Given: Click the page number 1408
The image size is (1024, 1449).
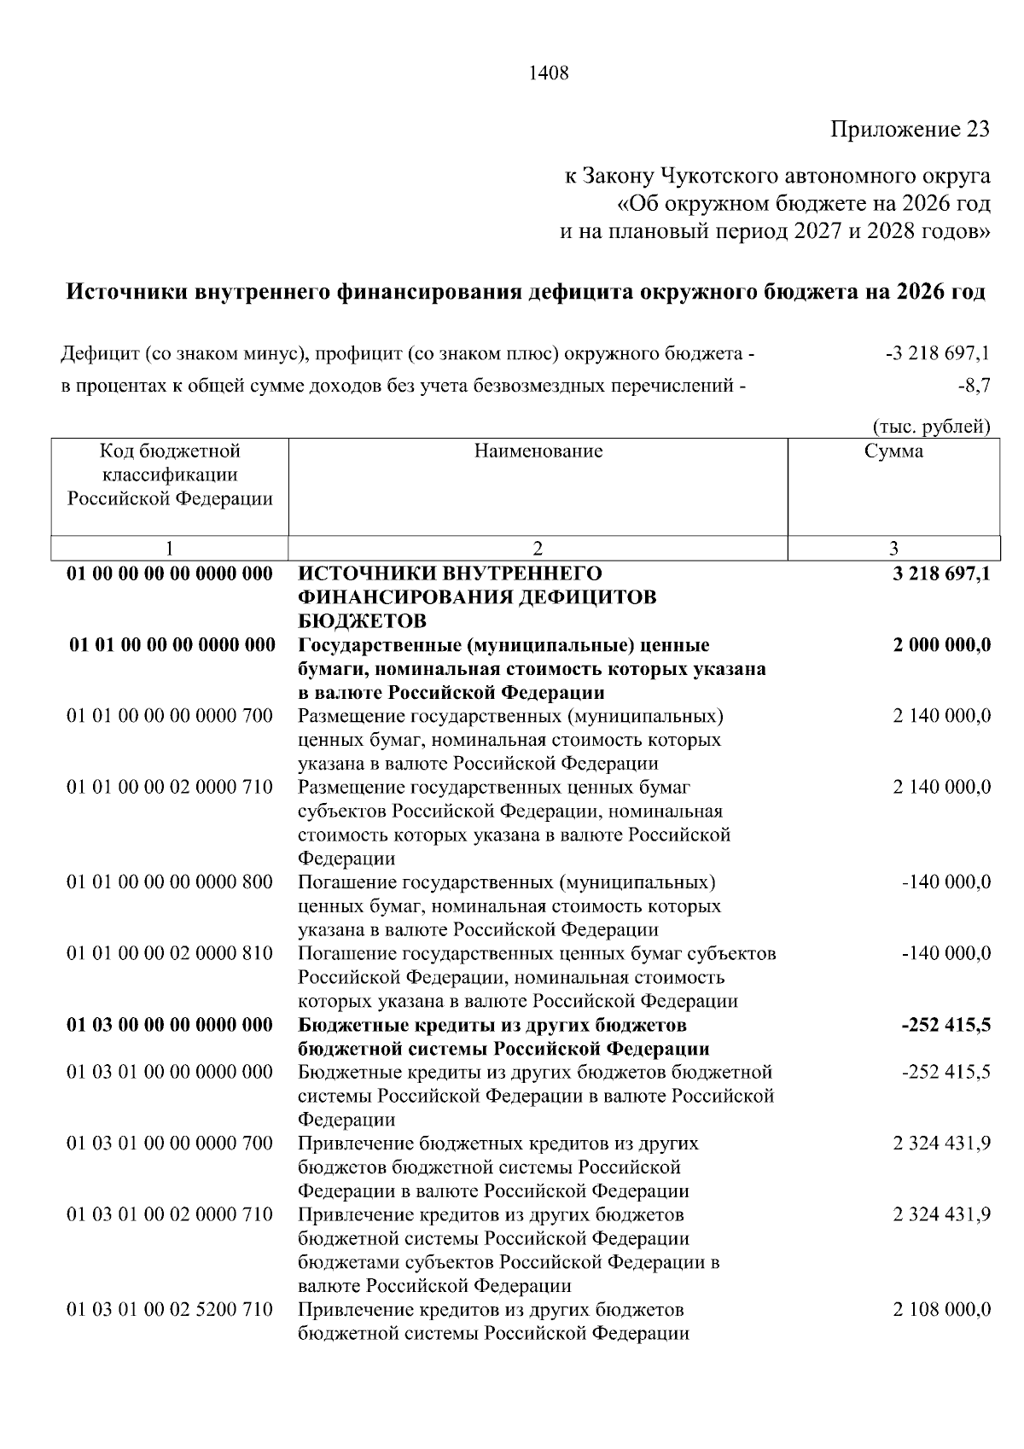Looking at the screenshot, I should click(549, 73).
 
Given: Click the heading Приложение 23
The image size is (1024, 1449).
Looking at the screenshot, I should click(911, 130).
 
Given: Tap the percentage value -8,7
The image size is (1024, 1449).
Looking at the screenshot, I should click(974, 386).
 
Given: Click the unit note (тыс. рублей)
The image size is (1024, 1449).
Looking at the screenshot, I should click(930, 427).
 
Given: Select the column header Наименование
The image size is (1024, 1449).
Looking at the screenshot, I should click(538, 451).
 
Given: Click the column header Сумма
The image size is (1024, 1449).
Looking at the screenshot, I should click(893, 451).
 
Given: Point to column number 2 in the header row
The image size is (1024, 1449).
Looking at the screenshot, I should click(538, 549).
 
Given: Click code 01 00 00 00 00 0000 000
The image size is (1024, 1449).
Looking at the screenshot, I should click(170, 573).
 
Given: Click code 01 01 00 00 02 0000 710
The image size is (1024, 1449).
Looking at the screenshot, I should click(170, 787).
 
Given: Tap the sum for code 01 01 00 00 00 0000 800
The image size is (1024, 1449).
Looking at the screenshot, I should click(946, 882).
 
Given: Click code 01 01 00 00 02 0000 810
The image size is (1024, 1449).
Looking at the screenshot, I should click(170, 953).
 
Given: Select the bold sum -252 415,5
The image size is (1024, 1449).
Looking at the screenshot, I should click(946, 1025).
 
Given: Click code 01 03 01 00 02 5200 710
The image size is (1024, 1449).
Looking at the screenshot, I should click(170, 1309).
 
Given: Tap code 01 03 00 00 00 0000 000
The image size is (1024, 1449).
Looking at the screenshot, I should click(170, 1025).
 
